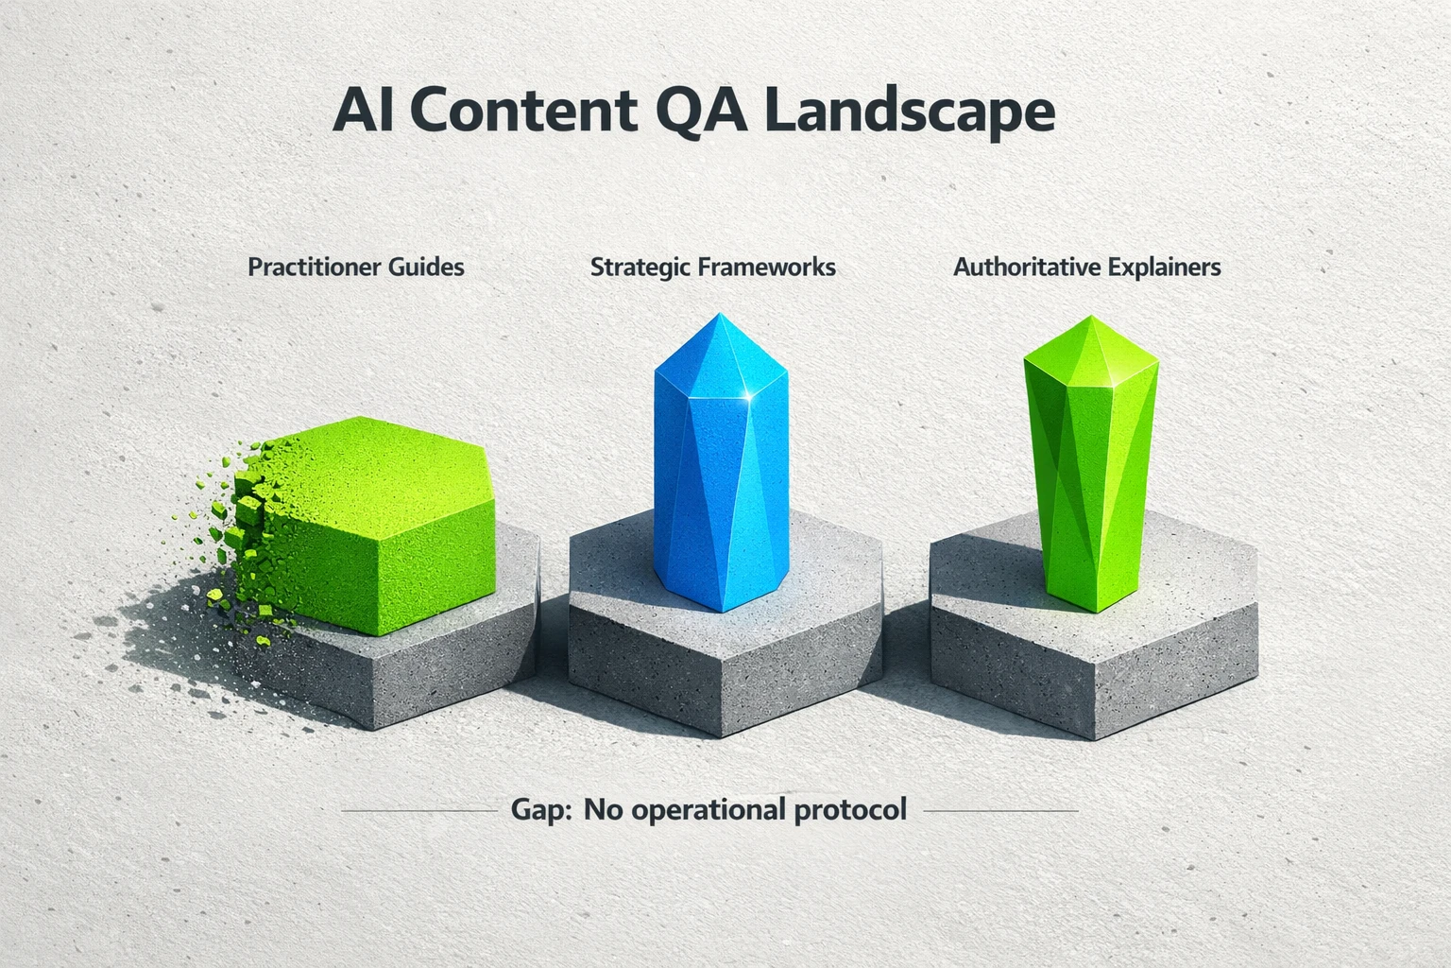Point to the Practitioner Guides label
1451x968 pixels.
point(356,267)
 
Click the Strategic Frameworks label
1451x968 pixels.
point(713,267)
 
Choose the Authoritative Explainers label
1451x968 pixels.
point(1086,267)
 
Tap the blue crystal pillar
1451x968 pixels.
point(721,473)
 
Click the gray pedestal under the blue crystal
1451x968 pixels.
point(725,652)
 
